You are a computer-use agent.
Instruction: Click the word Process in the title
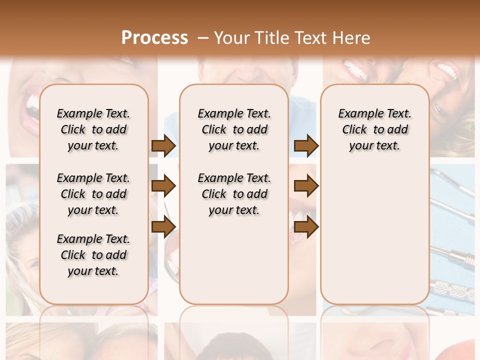154,37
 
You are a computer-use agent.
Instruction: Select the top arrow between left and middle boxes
163,146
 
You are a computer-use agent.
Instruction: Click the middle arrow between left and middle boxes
163,186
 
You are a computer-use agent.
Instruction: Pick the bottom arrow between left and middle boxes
163,227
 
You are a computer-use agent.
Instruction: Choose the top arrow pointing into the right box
306,146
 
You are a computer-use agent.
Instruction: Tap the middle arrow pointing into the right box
306,186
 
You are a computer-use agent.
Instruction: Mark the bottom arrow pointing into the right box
306,227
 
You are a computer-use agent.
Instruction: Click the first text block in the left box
93,129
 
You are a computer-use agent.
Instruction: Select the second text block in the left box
93,194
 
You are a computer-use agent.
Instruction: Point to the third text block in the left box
93,255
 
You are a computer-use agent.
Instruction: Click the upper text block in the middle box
234,129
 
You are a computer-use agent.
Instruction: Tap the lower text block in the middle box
234,194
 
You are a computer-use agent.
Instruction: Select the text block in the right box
374,129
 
